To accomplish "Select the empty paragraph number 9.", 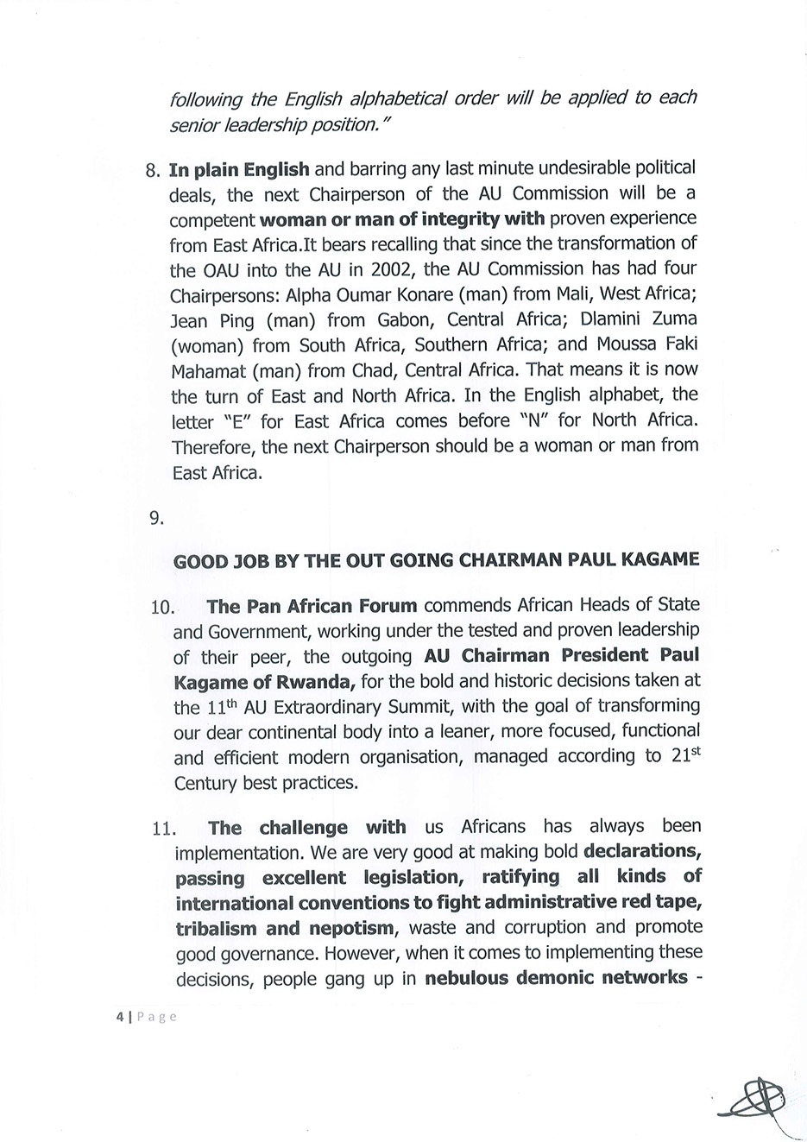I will (156, 519).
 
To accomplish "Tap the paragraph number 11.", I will (162, 830).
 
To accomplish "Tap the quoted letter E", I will (236, 422).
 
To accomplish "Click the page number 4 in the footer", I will (119, 1017).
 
